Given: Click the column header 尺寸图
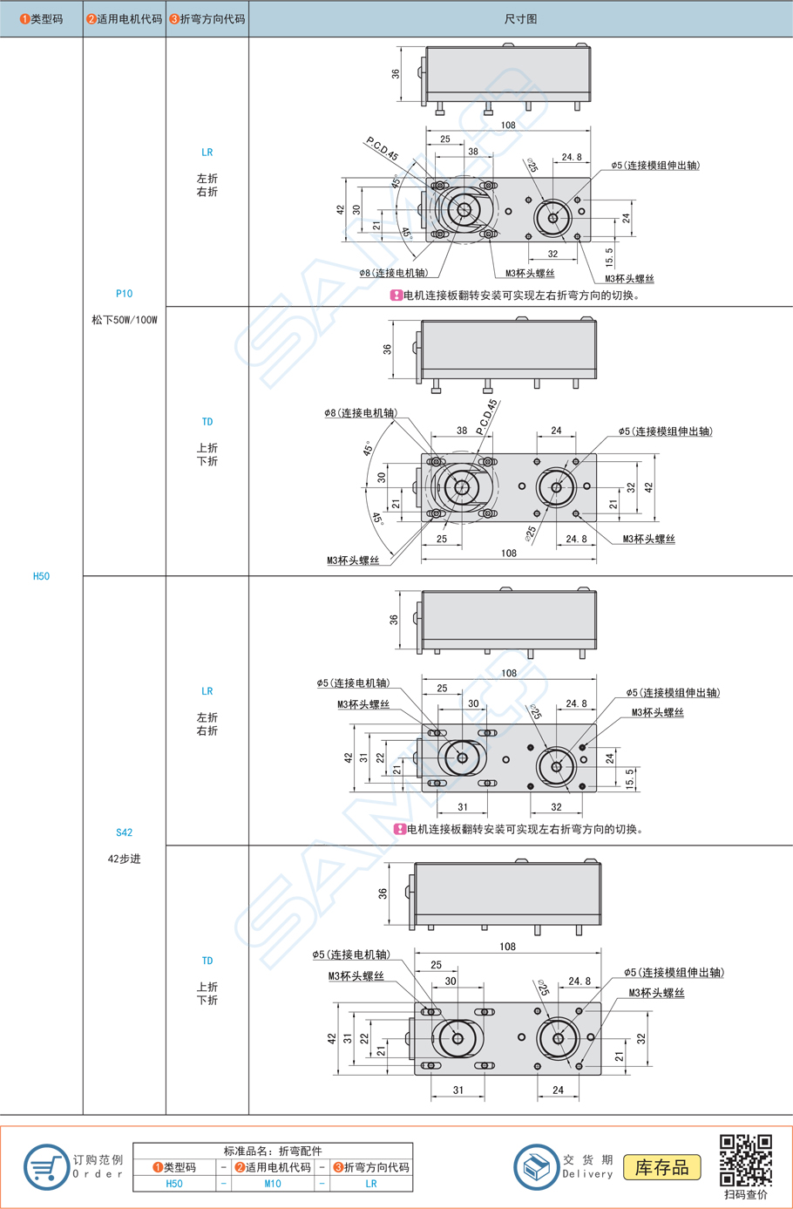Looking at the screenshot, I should (520, 18).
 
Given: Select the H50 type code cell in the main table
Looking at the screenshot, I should (41, 576).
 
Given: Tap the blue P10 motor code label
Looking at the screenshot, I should (124, 294).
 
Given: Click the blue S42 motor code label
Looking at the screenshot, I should (124, 832).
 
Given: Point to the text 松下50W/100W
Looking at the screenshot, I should (124, 320).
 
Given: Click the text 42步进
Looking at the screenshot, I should (124, 859).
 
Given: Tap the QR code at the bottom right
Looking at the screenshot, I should (746, 1160).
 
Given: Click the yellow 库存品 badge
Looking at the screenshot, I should (662, 1167).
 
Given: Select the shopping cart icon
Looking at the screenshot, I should (46, 1167).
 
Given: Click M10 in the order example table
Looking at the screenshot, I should (272, 1184).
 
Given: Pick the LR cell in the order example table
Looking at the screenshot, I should (371, 1184).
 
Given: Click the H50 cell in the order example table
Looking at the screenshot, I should (174, 1184).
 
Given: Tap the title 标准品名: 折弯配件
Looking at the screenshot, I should (272, 1151).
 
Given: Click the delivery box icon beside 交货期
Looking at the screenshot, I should (536, 1167).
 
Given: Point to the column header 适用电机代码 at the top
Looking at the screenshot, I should (125, 18).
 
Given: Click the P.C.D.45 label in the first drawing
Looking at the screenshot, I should (382, 149).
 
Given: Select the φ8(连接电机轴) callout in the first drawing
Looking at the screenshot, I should (394, 273).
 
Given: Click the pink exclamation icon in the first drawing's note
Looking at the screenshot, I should (396, 295).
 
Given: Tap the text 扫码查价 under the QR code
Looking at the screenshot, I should (746, 1194).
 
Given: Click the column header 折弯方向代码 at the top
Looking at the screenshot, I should (207, 18).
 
